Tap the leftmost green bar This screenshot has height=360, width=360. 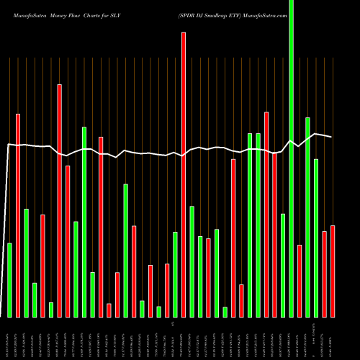[10, 280]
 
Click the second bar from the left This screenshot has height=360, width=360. [18, 215]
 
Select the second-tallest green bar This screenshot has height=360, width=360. [307, 217]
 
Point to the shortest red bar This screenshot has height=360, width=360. [109, 310]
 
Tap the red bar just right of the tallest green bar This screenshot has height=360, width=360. [300, 281]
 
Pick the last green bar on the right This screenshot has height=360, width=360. [316, 238]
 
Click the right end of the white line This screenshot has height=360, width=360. [331, 137]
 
